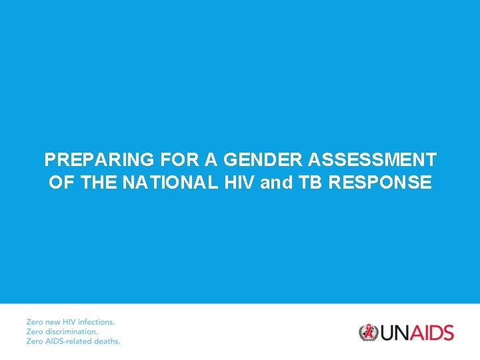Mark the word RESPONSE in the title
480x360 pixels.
(379, 183)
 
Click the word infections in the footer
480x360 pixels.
(95, 322)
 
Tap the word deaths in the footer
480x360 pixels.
(107, 341)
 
